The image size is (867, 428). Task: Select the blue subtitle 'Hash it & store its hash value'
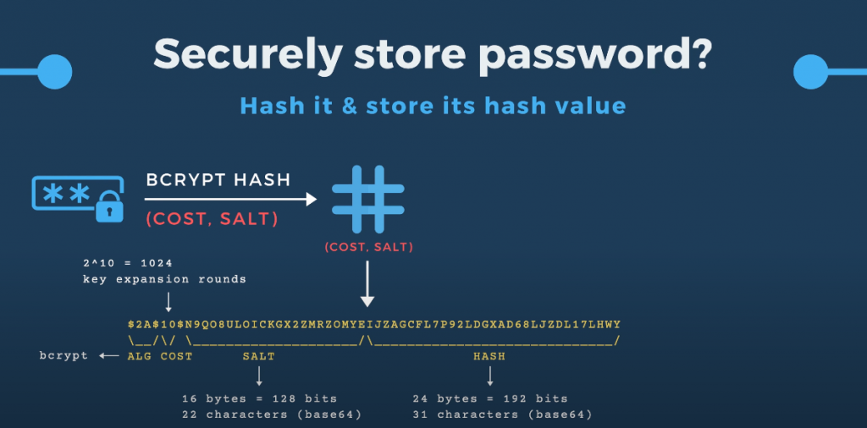point(433,106)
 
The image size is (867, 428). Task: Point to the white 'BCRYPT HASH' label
point(218,179)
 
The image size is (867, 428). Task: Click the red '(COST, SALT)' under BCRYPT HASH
point(211,218)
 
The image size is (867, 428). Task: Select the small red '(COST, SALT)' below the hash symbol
point(367,248)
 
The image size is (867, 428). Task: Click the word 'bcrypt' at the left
point(64,356)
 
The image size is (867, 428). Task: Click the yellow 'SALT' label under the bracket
point(258,356)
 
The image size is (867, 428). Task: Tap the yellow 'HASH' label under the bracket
point(489,356)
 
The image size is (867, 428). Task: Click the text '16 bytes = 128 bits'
point(259,398)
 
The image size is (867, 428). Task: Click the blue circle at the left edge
point(54,70)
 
